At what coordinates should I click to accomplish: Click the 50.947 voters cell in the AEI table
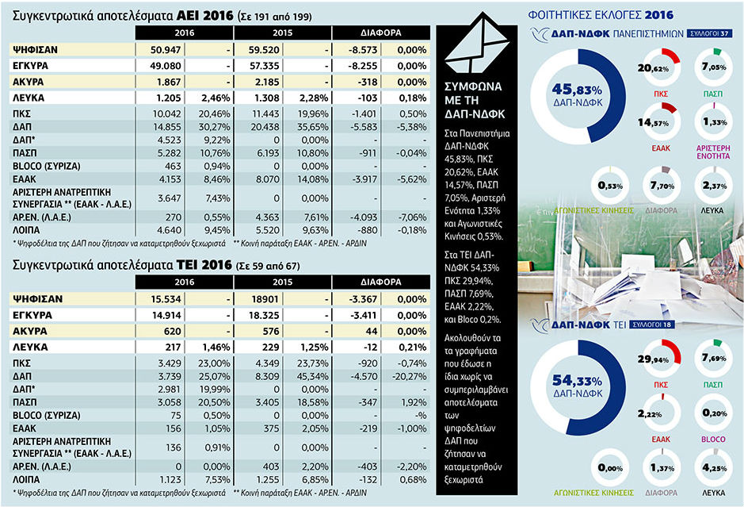click(166, 50)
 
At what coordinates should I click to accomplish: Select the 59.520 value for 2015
click(265, 50)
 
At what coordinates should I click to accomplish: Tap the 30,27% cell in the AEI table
click(214, 127)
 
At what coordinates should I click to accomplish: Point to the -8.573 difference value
click(363, 50)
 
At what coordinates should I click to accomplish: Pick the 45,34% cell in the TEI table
click(312, 376)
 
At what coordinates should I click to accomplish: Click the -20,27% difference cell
click(410, 376)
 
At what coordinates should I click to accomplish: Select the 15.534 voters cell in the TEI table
click(166, 299)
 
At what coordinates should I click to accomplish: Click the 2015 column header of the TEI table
click(282, 282)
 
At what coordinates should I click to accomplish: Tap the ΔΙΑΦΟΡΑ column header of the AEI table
click(381, 33)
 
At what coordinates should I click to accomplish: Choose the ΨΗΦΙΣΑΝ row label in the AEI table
click(35, 50)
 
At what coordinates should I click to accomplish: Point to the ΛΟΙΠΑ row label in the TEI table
click(26, 479)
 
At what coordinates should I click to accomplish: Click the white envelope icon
click(477, 43)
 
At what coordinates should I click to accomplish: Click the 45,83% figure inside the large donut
click(577, 90)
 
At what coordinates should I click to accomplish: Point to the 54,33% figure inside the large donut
click(577, 381)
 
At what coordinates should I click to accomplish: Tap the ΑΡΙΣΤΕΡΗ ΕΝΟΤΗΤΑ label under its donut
click(713, 152)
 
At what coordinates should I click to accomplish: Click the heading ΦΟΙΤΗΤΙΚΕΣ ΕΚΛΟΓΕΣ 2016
click(601, 15)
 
